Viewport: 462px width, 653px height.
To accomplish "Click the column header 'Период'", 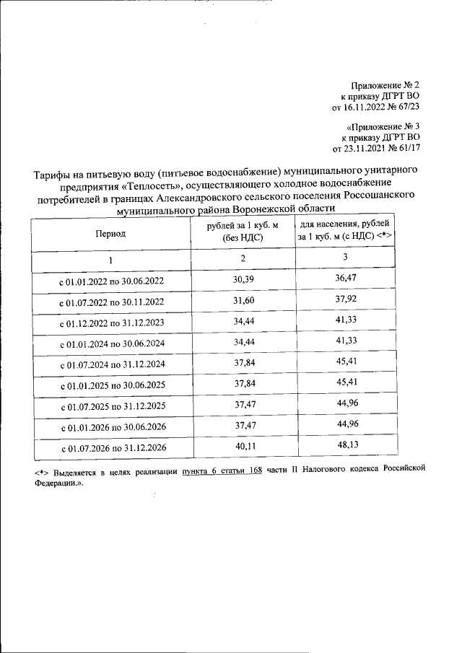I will tap(110, 234).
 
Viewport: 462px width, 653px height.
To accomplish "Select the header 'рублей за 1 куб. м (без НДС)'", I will tap(243, 232).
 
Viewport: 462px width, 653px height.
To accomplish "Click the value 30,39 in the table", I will tap(243, 279).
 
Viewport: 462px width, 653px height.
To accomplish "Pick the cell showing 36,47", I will tap(345, 278).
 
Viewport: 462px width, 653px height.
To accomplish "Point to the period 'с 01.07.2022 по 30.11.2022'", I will tap(111, 302).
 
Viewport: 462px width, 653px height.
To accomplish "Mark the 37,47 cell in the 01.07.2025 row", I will tap(243, 407).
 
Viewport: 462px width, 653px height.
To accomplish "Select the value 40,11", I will tap(243, 448).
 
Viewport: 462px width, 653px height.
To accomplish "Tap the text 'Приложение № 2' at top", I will tap(386, 85).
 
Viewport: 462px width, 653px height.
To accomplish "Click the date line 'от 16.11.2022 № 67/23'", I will tap(375, 107).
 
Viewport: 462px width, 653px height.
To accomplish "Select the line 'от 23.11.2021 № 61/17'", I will tap(375, 149).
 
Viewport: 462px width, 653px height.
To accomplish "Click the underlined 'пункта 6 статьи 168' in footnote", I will tap(221, 470).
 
